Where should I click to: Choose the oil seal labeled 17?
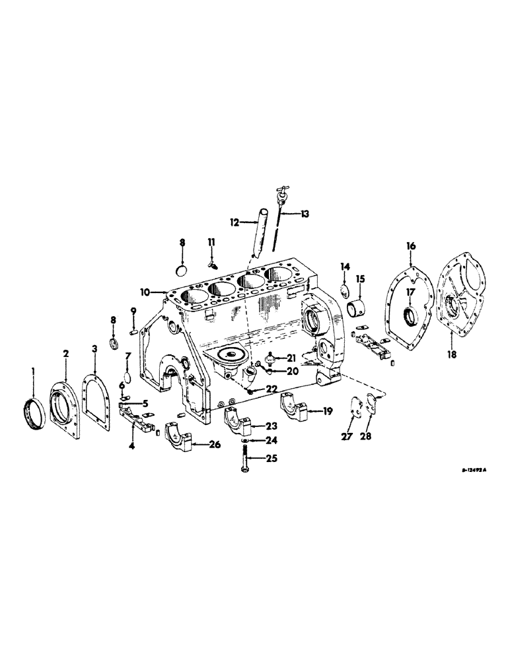point(410,316)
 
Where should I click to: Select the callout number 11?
point(211,243)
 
